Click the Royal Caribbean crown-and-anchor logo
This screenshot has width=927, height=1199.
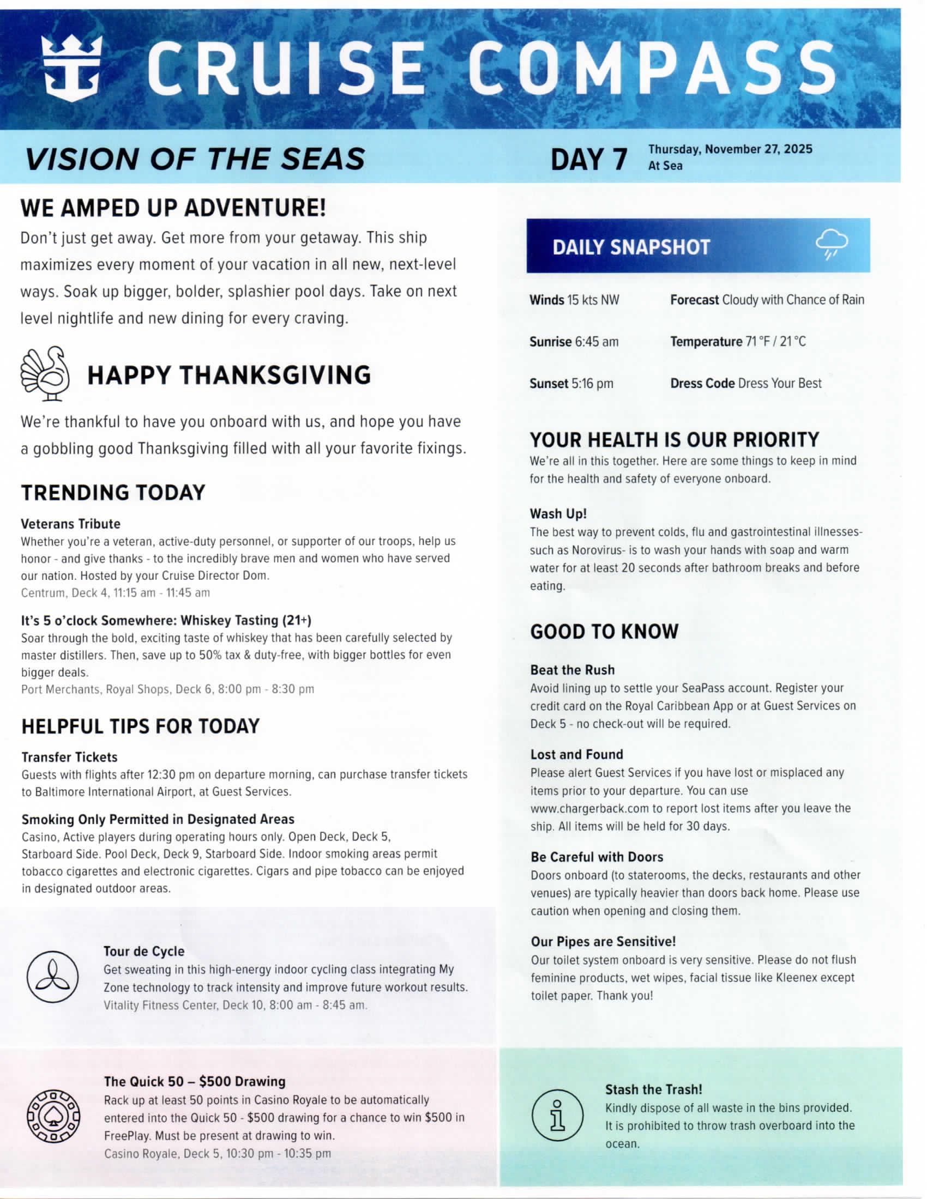click(x=72, y=68)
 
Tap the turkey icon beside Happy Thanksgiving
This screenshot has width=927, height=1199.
click(x=46, y=373)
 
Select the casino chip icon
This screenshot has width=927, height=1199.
click(x=53, y=1116)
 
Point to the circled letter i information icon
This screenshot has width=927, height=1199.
click(x=557, y=1115)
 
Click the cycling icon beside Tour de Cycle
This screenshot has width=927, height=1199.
click(x=53, y=977)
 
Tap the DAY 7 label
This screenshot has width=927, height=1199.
click(x=588, y=159)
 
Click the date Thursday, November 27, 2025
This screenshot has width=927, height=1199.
click(x=730, y=149)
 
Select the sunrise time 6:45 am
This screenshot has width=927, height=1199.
click(x=596, y=342)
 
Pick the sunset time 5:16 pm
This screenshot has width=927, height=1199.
click(x=592, y=384)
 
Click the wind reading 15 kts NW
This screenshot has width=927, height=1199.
click(x=593, y=300)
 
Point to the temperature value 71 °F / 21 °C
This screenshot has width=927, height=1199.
click(x=775, y=342)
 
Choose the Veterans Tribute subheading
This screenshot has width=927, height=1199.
click(x=70, y=524)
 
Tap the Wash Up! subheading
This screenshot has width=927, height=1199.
click(x=558, y=514)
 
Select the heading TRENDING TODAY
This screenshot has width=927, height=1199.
click(x=113, y=493)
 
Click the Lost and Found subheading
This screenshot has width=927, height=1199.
click(x=576, y=754)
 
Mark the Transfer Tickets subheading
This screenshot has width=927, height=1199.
click(x=69, y=757)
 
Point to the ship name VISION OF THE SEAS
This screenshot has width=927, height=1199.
click(x=195, y=159)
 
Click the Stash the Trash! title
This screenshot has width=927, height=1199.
click(x=653, y=1089)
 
